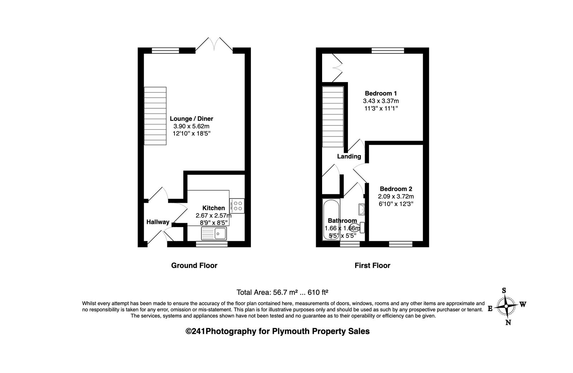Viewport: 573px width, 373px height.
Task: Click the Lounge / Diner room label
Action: click(191, 119)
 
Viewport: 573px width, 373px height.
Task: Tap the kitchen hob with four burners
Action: click(237, 206)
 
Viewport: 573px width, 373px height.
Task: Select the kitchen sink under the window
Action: click(214, 233)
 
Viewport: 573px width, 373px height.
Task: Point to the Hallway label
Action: click(158, 222)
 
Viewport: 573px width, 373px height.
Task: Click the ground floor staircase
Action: click(155, 116)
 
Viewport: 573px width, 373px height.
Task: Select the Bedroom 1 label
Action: click(381, 94)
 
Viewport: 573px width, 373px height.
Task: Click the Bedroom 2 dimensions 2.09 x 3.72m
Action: click(396, 196)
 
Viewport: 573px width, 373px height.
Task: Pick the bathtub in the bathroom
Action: click(331, 220)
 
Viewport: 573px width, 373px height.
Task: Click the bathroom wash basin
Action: click(362, 209)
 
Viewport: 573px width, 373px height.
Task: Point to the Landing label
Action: click(349, 156)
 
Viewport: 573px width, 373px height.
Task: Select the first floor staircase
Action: click(333, 117)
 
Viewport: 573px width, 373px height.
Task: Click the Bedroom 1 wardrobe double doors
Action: click(337, 68)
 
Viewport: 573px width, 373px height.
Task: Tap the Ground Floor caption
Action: click(194, 266)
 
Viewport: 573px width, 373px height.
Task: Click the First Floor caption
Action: click(372, 266)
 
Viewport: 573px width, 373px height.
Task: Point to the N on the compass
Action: click(508, 322)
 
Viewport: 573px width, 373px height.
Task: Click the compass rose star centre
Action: click(506, 306)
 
